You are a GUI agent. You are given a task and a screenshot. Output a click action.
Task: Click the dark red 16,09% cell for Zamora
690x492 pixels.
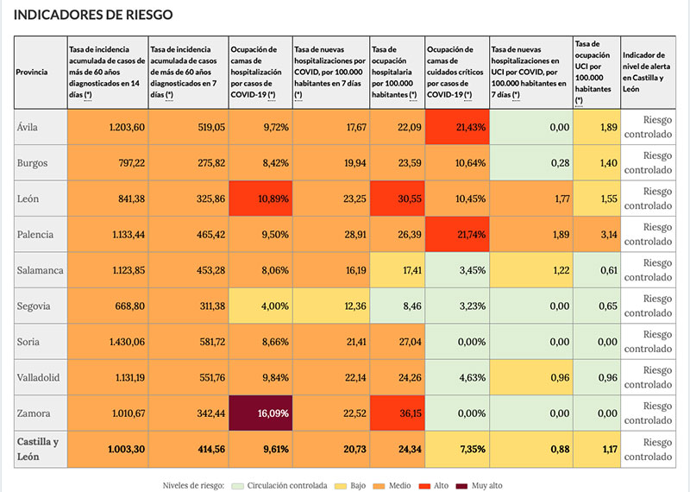(260, 414)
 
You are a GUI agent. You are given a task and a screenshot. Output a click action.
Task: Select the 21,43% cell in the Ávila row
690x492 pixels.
(456, 127)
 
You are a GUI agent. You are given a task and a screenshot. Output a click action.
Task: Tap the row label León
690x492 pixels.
(28, 199)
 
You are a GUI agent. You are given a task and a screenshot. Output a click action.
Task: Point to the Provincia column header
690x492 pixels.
(32, 73)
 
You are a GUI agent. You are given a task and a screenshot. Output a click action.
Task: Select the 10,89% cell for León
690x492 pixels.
(260, 199)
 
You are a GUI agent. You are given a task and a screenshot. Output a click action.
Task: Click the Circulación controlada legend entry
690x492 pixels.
(280, 485)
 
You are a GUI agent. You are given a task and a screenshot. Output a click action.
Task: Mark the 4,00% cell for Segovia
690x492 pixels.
(260, 306)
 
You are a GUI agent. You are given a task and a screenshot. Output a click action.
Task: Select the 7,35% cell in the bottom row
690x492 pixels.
(456, 450)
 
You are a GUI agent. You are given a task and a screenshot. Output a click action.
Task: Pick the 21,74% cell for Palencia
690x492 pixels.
(456, 235)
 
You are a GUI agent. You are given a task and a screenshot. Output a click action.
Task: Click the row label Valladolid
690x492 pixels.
(39, 378)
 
